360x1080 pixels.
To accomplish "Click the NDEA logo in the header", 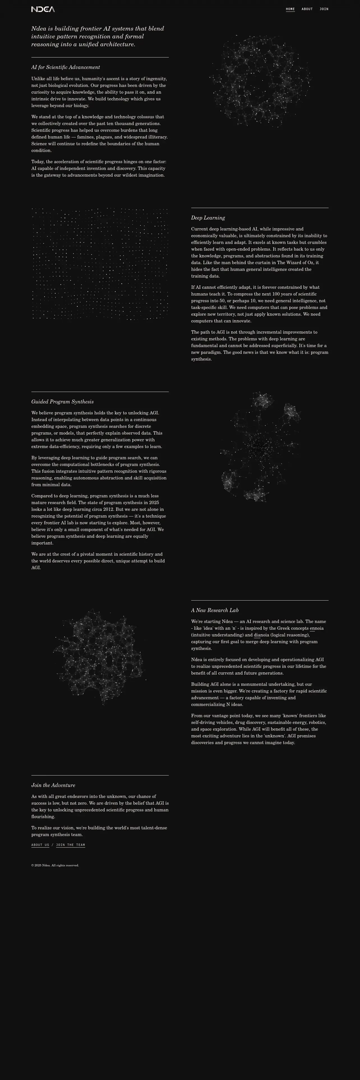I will coord(43,9).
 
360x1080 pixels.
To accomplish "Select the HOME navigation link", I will coord(290,9).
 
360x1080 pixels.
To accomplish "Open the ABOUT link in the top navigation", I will coord(307,9).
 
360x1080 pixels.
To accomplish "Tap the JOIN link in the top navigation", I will coord(324,9).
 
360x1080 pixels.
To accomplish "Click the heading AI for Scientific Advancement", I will coord(65,67).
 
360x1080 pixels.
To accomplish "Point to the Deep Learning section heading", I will coord(208,218).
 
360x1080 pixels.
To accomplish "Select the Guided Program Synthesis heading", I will coord(63,402).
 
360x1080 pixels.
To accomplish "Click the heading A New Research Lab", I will coord(214,610).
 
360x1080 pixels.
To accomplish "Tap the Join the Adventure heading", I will coord(53,785).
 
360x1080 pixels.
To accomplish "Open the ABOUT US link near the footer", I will coord(40,845).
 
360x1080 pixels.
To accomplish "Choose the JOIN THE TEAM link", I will coord(70,845).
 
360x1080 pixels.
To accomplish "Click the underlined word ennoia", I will coord(317,628).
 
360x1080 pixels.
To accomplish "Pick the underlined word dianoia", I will coord(262,635).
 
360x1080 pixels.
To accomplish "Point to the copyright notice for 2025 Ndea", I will coord(55,865).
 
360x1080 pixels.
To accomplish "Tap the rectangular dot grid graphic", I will coord(100,264).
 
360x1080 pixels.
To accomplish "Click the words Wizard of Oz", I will coord(301,262).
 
